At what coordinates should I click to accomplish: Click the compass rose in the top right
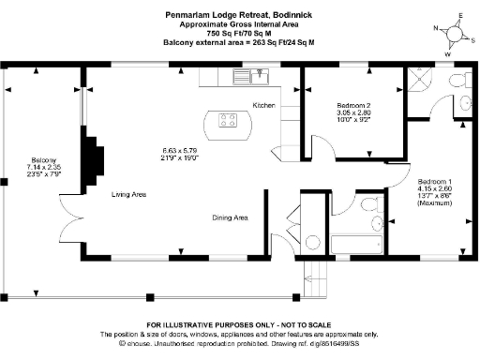(457, 34)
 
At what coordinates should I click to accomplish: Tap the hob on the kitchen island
(228, 119)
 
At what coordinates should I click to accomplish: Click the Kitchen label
(263, 105)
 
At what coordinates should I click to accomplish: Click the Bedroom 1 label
(436, 180)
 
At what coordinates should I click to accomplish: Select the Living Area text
(128, 194)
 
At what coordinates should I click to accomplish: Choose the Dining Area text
(229, 217)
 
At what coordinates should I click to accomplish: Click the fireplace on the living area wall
(94, 160)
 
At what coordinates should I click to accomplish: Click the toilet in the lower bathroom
(376, 225)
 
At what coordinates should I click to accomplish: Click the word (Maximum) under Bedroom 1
(436, 203)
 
